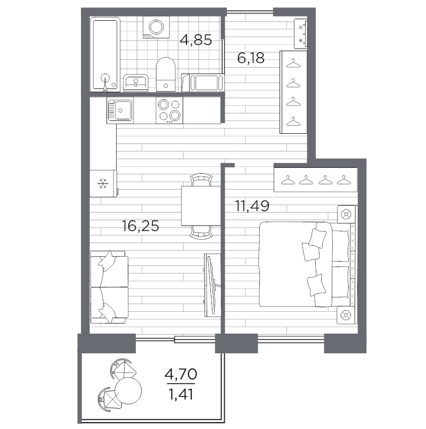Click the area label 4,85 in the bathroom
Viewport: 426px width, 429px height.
[196, 40]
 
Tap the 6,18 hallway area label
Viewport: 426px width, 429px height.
[251, 58]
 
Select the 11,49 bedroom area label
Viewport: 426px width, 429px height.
[252, 206]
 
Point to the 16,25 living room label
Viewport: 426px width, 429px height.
[140, 226]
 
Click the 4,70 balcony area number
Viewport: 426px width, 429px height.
[181, 374]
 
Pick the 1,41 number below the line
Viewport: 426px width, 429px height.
[181, 394]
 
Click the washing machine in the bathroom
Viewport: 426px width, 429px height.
[156, 27]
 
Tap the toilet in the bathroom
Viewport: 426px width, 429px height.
[166, 74]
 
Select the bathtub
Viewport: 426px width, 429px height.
[105, 54]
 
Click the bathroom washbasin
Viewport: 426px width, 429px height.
[136, 83]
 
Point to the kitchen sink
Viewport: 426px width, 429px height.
[120, 110]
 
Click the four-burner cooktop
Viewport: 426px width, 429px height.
[169, 110]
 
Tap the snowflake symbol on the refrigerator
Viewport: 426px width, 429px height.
[103, 183]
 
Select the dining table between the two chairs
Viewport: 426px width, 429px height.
[201, 206]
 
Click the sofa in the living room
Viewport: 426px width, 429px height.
[109, 287]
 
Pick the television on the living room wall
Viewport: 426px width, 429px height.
[212, 285]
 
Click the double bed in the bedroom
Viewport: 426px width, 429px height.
[305, 264]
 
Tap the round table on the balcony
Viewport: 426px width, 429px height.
[128, 391]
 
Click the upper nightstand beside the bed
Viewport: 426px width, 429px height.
[346, 214]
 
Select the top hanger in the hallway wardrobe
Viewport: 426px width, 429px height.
[293, 63]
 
